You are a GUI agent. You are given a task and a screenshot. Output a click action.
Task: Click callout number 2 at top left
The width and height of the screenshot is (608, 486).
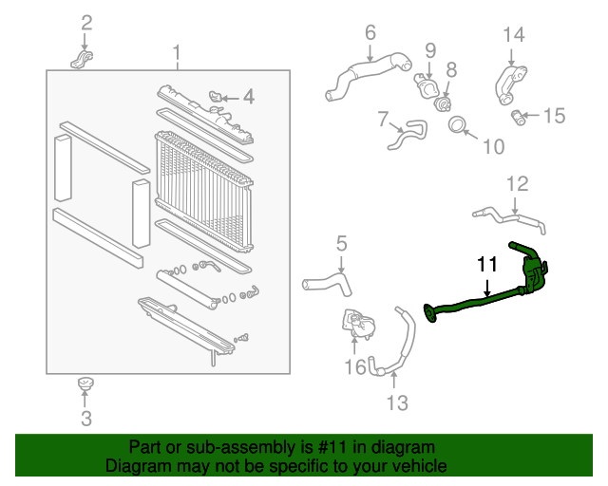[x=86, y=23]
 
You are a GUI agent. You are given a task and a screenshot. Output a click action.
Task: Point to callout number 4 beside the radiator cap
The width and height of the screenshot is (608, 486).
[x=248, y=96]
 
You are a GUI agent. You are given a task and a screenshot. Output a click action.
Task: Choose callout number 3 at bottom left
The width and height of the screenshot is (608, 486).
[x=85, y=418]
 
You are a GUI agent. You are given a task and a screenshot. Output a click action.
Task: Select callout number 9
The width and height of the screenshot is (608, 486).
[x=429, y=49]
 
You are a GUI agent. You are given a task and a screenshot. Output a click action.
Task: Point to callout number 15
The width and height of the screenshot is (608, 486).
[x=553, y=116]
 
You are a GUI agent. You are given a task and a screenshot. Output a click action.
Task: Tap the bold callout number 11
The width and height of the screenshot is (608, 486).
[x=486, y=264]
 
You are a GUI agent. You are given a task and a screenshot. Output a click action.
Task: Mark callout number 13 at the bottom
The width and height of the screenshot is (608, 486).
[x=396, y=403]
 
